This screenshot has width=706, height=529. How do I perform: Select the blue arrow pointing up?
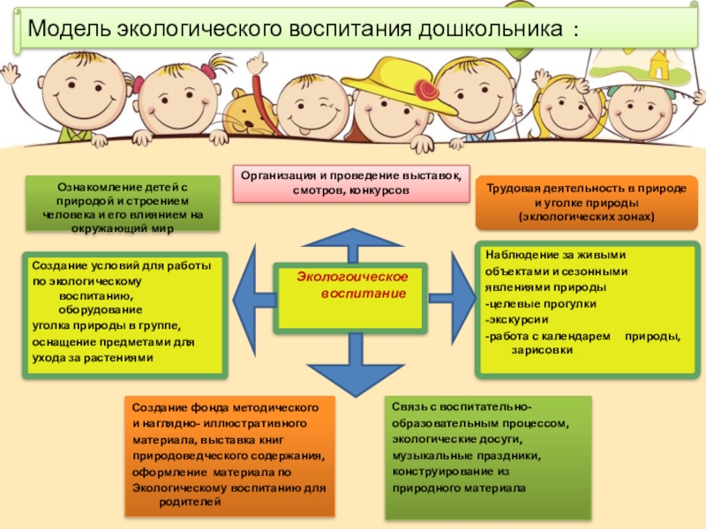tap(351, 245)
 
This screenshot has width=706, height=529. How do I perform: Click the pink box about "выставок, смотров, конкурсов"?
tap(351, 183)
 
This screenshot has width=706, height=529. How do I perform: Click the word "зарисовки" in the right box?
tap(542, 350)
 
